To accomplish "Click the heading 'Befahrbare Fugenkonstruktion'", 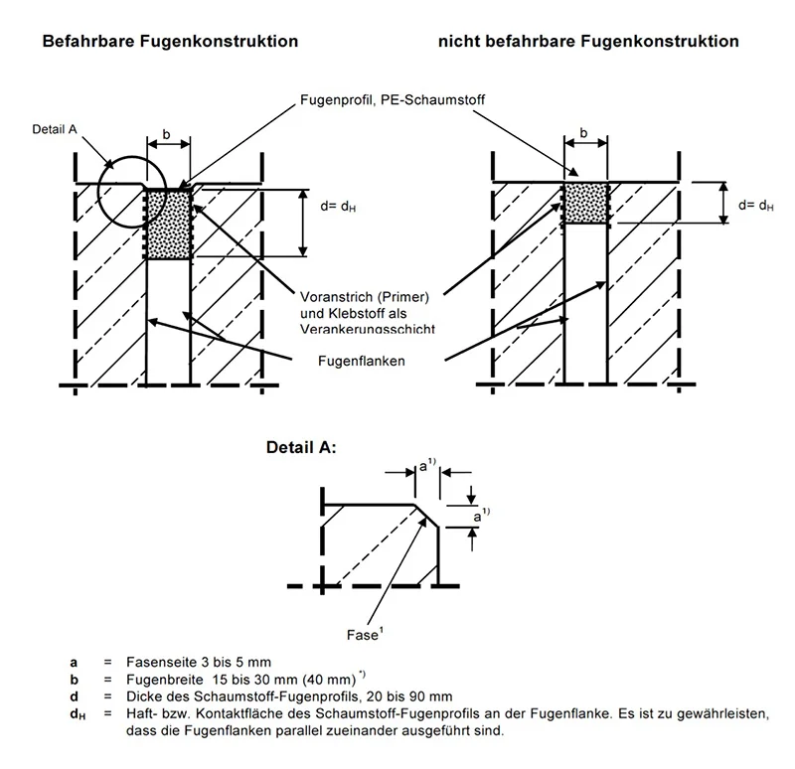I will click(168, 42).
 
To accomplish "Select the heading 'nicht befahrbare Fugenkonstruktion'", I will click(587, 42).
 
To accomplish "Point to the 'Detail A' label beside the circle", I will click(54, 127).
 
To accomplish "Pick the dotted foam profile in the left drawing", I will click(169, 224).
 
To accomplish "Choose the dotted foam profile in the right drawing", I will click(585, 203).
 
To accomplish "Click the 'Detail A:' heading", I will click(301, 448).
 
